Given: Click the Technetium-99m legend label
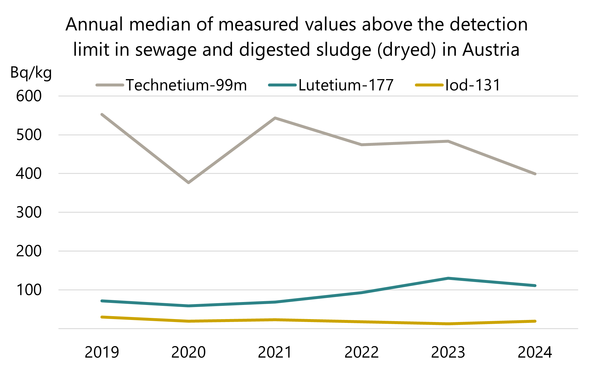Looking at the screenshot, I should pyautogui.click(x=186, y=85).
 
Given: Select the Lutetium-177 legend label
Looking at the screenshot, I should pyautogui.click(x=346, y=85).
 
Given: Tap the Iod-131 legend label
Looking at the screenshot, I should pyautogui.click(x=473, y=85).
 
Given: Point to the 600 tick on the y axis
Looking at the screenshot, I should pyautogui.click(x=29, y=96).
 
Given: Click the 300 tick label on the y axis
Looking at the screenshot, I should pyautogui.click(x=29, y=213).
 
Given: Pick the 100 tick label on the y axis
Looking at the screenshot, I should pyautogui.click(x=29, y=290).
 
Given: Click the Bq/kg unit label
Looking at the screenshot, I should pyautogui.click(x=31, y=73).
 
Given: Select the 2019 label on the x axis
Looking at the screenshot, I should pyautogui.click(x=102, y=352).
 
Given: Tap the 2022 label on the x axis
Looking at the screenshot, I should pyautogui.click(x=362, y=352).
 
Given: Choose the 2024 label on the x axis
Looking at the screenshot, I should pyautogui.click(x=535, y=352).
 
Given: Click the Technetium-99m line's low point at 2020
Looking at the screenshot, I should pyautogui.click(x=188, y=183).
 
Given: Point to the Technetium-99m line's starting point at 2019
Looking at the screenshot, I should pyautogui.click(x=102, y=114).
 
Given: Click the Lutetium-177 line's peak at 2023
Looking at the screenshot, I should pyautogui.click(x=448, y=278).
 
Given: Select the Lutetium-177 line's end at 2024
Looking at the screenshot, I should pyautogui.click(x=535, y=286).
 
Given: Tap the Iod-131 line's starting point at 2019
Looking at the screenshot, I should pyautogui.click(x=102, y=317).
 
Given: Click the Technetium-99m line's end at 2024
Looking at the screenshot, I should pyautogui.click(x=535, y=174).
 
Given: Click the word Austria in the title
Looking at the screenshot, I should pyautogui.click(x=491, y=50).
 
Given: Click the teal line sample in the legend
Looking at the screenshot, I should pyautogui.click(x=282, y=85).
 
